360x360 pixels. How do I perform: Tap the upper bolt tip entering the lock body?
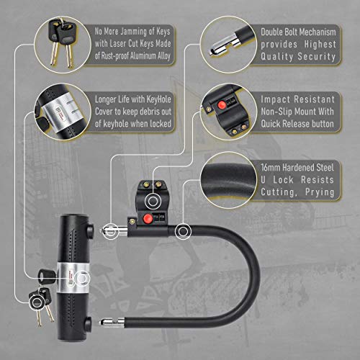point(110,230)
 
